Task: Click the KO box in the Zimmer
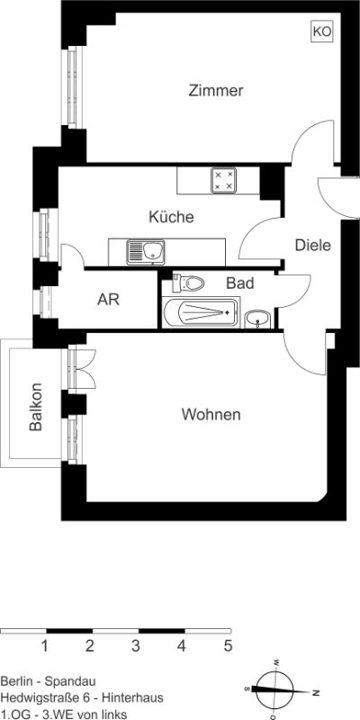click(322, 31)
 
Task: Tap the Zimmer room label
click(216, 91)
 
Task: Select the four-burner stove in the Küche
click(223, 180)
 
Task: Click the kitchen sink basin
click(152, 251)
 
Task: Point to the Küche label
click(171, 217)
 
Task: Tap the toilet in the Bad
click(188, 283)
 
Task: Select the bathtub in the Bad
click(201, 312)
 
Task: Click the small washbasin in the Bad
click(258, 319)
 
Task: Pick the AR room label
click(108, 300)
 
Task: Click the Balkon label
click(35, 407)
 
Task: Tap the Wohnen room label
click(211, 415)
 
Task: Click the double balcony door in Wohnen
click(82, 369)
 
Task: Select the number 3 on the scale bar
click(136, 646)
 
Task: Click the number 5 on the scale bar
click(228, 646)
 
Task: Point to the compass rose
click(274, 689)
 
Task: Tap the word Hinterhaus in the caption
click(132, 698)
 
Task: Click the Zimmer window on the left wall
click(72, 87)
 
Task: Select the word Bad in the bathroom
click(239, 283)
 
